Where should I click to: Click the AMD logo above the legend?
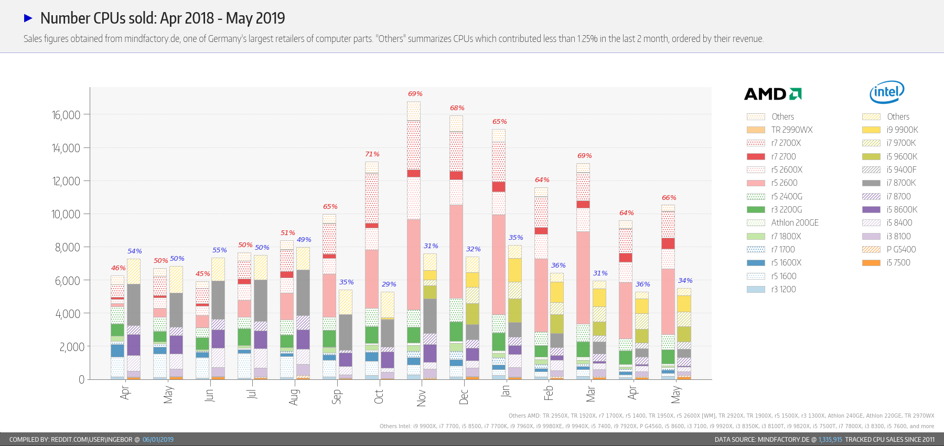[x=773, y=94]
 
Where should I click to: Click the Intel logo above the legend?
[x=887, y=92]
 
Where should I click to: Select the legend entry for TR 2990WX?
[x=791, y=130]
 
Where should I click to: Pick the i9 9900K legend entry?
[x=902, y=130]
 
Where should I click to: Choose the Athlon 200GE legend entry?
[x=795, y=222]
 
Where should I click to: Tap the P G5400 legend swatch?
[x=871, y=249]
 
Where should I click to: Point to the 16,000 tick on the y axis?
[x=66, y=115]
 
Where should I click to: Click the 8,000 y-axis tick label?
[x=68, y=247]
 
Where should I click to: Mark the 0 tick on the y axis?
[x=81, y=379]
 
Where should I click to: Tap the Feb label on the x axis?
[x=549, y=393]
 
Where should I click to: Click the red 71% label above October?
[x=372, y=154]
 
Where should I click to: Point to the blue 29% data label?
[x=389, y=284]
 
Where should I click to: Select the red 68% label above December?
[x=457, y=108]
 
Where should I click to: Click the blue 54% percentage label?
[x=135, y=251]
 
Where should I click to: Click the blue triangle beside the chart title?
[x=28, y=18]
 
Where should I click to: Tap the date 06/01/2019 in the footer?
[x=158, y=440]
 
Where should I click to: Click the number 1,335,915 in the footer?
[x=830, y=440]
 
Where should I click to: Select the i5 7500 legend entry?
[x=898, y=262]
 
